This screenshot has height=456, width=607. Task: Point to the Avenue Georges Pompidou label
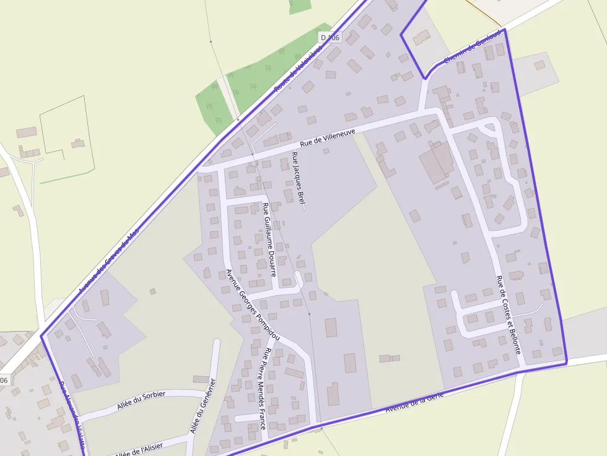click(253, 306)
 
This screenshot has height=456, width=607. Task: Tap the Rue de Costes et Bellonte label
click(508, 315)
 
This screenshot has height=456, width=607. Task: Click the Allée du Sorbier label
click(141, 401)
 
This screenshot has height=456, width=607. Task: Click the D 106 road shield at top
click(331, 38)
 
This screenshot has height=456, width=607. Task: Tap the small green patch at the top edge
click(300, 6)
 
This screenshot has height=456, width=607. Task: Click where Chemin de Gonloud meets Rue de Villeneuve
click(423, 111)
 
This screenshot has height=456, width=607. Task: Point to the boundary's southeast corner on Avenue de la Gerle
click(566, 363)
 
